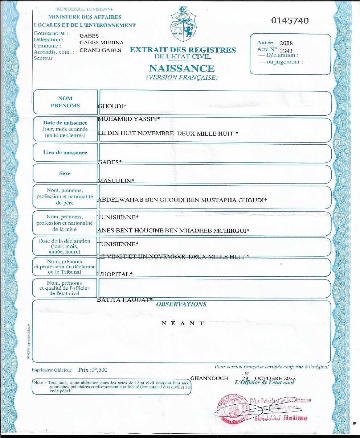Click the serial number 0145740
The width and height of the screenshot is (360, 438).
coord(290,21)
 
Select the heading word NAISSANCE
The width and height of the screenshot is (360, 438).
coord(182,68)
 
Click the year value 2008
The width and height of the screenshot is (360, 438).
coord(286,43)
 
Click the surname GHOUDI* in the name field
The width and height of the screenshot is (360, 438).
coord(112,106)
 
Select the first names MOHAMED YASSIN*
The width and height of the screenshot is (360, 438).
coord(129,119)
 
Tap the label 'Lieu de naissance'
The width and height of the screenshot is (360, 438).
coord(65,153)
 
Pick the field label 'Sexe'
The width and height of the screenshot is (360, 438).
coord(65,173)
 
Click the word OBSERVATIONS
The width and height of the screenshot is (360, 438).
coord(181,304)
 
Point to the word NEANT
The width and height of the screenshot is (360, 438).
coord(183,323)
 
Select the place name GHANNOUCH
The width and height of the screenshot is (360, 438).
coord(209,377)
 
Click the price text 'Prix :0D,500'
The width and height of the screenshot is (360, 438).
coord(93,370)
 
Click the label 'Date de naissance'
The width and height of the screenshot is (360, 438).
coord(65,123)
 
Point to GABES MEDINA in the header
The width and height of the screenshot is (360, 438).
coord(101,42)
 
